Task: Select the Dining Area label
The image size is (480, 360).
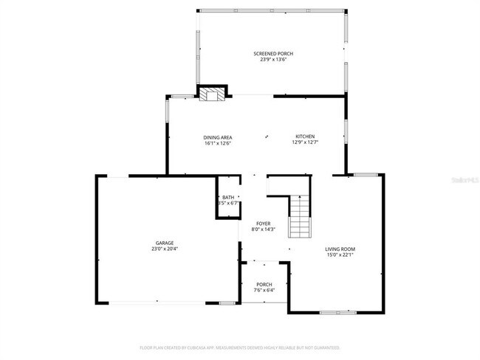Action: point(219,137)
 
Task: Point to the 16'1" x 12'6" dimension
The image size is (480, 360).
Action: point(219,143)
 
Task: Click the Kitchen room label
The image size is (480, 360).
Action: point(305,136)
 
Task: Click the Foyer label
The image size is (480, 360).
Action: point(263,224)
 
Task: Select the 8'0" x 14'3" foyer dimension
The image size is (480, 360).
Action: point(263,229)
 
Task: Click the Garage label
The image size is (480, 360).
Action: point(164,243)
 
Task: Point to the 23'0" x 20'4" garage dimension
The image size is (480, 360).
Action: point(164,249)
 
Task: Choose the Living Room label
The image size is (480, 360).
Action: point(340,249)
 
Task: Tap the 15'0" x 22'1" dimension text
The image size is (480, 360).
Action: point(340,255)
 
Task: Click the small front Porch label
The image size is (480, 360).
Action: point(264,285)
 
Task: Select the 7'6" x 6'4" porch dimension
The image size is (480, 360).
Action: point(264,291)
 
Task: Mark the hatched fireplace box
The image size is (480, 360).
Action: point(213,94)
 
